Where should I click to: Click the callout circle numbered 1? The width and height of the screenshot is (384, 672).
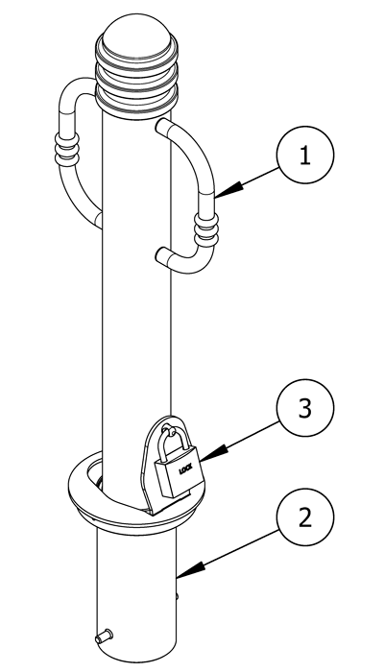[x=304, y=155]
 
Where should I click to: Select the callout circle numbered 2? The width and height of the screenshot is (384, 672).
[x=304, y=516]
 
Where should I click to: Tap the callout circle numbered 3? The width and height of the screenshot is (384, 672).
[x=304, y=408]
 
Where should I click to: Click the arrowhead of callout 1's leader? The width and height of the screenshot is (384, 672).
[x=228, y=190]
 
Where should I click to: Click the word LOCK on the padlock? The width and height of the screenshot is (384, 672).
[x=186, y=469]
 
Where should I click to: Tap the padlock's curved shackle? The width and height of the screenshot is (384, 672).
[x=174, y=443]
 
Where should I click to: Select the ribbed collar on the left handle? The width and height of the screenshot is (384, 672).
[x=67, y=148]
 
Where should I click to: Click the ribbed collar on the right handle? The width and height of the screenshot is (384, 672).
[x=206, y=229]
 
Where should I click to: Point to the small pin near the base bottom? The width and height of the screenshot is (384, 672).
[x=104, y=636]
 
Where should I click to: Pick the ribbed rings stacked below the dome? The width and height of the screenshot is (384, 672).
[x=136, y=82]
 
